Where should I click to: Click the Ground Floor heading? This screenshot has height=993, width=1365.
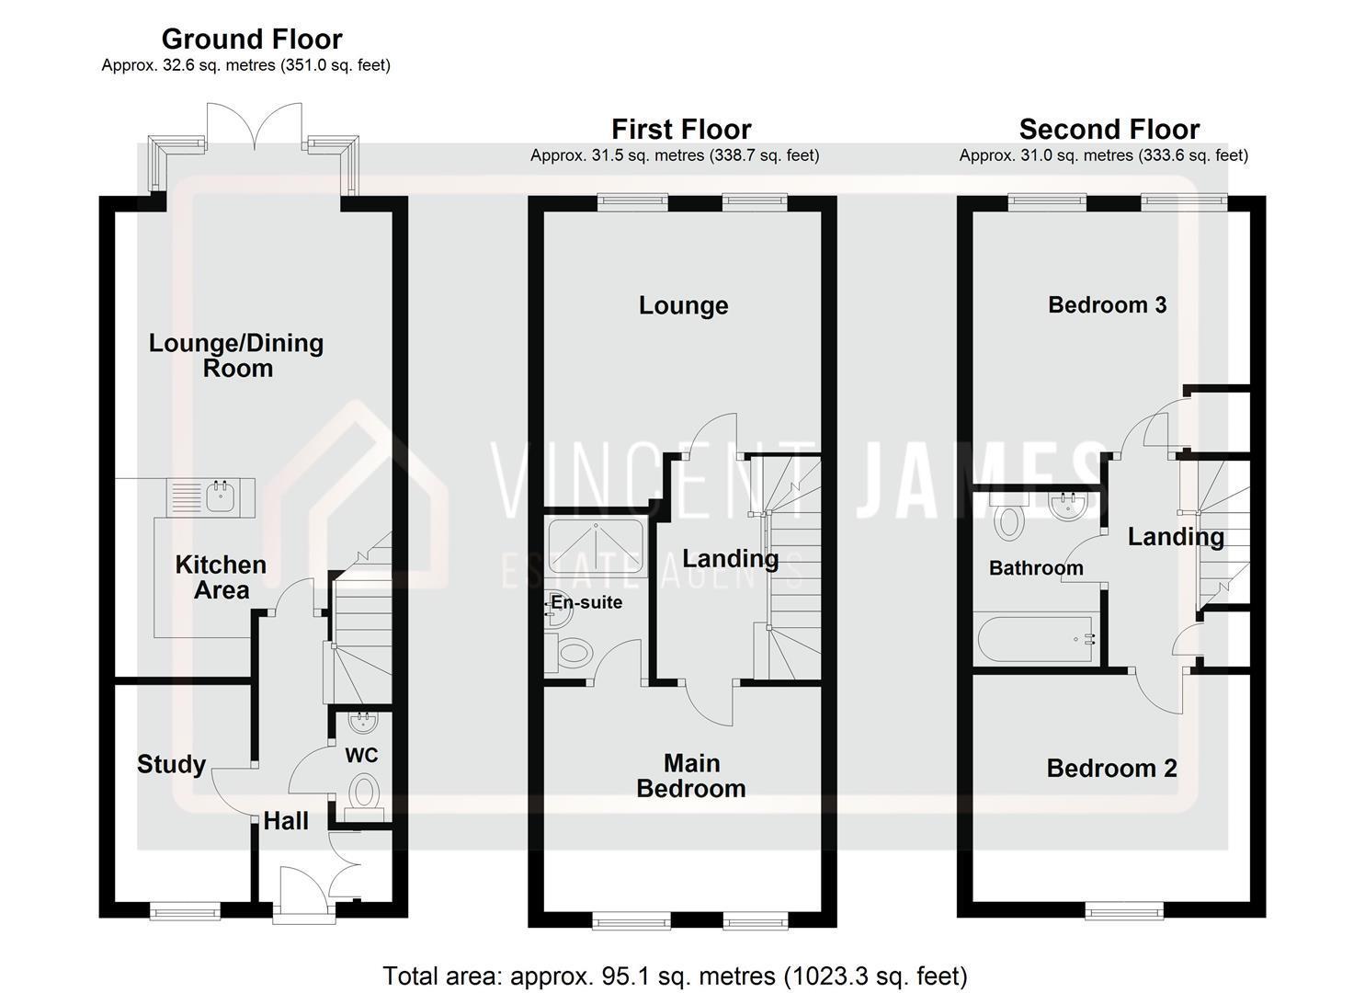pyautogui.click(x=252, y=40)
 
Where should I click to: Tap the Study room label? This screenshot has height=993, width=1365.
pyautogui.click(x=171, y=764)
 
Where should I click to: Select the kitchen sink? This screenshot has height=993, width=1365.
pyautogui.click(x=220, y=496)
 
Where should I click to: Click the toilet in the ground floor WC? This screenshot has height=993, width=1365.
pyautogui.click(x=365, y=793)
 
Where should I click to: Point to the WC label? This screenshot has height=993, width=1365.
pyautogui.click(x=361, y=756)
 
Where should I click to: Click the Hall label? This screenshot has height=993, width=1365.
pyautogui.click(x=286, y=821)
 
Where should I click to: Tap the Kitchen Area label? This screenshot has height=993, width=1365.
pyautogui.click(x=221, y=577)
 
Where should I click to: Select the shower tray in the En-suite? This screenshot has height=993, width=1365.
pyautogui.click(x=597, y=548)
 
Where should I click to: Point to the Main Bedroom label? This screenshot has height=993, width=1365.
pyautogui.click(x=691, y=776)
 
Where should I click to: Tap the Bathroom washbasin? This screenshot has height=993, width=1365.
pyautogui.click(x=1066, y=506)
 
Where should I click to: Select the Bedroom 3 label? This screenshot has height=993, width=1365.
pyautogui.click(x=1107, y=305)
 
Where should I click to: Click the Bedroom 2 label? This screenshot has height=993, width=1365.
pyautogui.click(x=1111, y=769)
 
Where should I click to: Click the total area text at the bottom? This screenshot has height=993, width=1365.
pyautogui.click(x=675, y=976)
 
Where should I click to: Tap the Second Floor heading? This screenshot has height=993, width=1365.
pyautogui.click(x=1109, y=129)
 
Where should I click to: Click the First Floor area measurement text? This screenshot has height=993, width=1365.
pyautogui.click(x=675, y=156)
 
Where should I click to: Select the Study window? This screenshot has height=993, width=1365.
pyautogui.click(x=185, y=910)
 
